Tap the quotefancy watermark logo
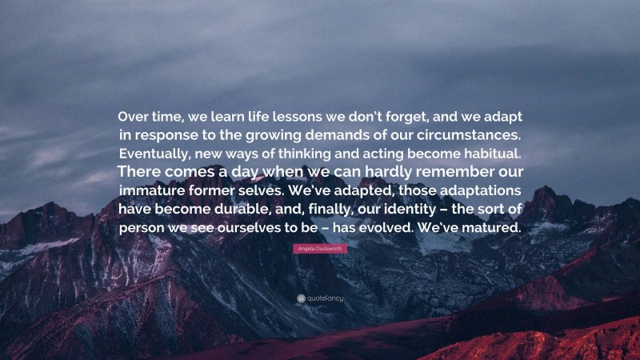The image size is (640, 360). coord(319,298)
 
